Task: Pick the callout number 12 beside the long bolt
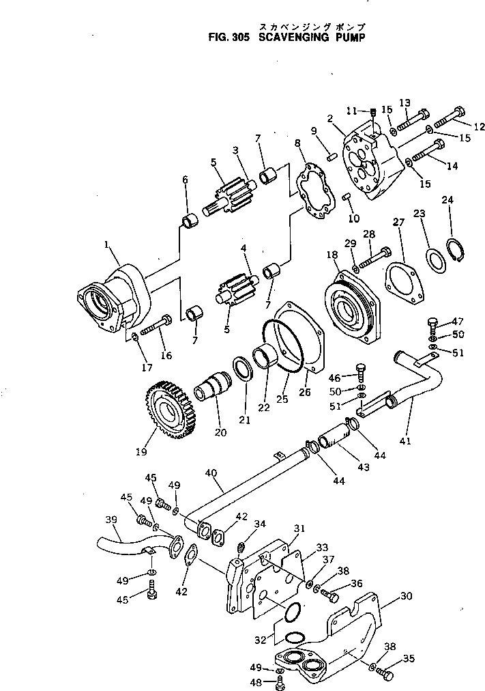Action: click(478, 126)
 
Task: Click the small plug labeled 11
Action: click(373, 113)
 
